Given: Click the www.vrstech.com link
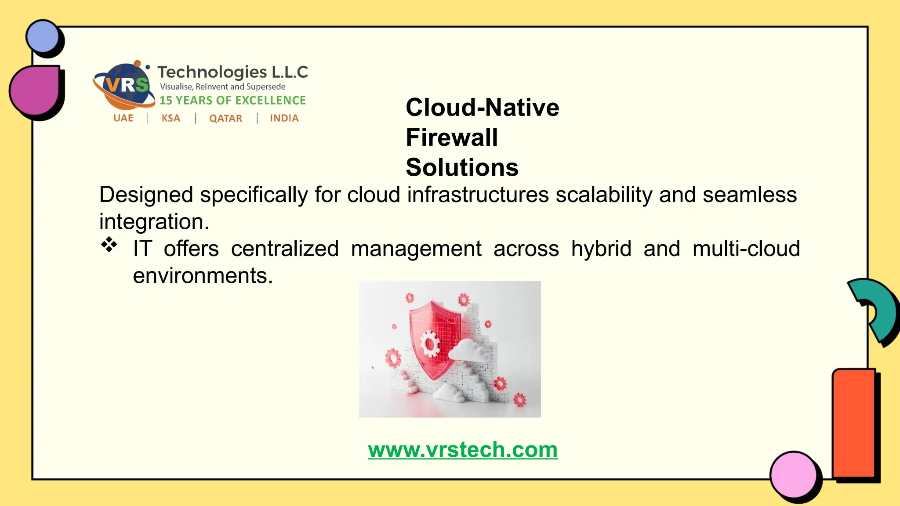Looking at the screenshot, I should pyautogui.click(x=463, y=450).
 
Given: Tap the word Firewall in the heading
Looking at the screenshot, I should pyautogui.click(x=452, y=137).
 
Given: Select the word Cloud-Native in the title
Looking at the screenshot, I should pyautogui.click(x=482, y=108).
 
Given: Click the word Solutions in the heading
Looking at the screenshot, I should pyautogui.click(x=462, y=167).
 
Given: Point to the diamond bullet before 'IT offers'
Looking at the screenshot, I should pyautogui.click(x=109, y=245).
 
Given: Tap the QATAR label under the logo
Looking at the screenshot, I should pyautogui.click(x=225, y=119).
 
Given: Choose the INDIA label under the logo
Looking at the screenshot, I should pyautogui.click(x=284, y=118).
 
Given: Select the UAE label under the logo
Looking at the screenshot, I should pyautogui.click(x=123, y=118).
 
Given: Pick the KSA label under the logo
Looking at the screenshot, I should pyautogui.click(x=171, y=118).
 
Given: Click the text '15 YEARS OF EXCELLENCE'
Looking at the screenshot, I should pyautogui.click(x=232, y=101).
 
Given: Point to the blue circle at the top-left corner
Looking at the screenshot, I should pyautogui.click(x=42, y=36).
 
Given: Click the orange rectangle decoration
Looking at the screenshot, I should pyautogui.click(x=853, y=423).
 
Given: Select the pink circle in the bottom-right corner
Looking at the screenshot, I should pyautogui.click(x=793, y=474).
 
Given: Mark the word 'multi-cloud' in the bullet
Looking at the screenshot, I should pyautogui.click(x=746, y=249).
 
